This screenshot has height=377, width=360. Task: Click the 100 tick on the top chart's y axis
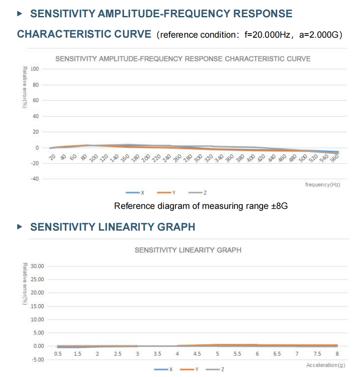[35, 69]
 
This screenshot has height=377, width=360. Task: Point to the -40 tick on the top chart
[35, 179]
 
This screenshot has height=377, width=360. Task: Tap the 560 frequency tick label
[334, 158]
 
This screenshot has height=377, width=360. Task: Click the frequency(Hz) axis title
[323, 184]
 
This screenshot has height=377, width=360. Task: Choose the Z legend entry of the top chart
[198, 192]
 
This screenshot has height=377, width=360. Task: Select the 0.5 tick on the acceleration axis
[58, 354]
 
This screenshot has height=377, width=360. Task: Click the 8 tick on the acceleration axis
[337, 354]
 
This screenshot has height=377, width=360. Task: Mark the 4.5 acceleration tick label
[197, 354]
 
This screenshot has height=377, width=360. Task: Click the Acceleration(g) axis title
[325, 365]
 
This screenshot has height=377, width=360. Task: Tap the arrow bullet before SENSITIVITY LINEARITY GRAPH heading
[19, 227]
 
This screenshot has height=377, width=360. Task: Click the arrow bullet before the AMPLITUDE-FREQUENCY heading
[19, 14]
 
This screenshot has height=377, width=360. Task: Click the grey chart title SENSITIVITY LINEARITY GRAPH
[188, 250]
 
